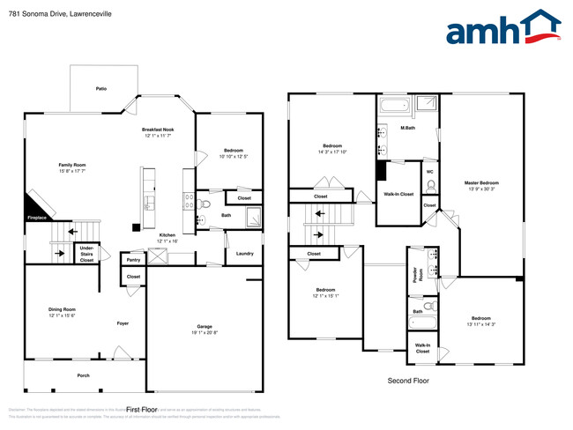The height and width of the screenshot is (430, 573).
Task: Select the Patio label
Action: pos(101,89)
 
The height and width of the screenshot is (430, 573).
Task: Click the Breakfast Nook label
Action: pos(157,130)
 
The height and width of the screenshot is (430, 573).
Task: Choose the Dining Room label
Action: pos(62,309)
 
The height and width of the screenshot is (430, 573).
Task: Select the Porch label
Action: pos(84,375)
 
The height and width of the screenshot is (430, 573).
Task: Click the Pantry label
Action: pos(133,260)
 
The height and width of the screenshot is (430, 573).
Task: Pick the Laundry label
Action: pos(244,254)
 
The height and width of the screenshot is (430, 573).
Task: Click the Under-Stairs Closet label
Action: pos(86,254)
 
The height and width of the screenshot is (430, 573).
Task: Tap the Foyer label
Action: pos(123,323)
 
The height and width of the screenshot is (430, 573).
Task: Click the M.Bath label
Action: pos(408,130)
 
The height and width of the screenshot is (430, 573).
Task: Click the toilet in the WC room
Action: pos(430,186)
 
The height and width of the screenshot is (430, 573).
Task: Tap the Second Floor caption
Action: pos(408,381)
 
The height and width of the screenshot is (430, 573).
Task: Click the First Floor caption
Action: pos(141,410)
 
